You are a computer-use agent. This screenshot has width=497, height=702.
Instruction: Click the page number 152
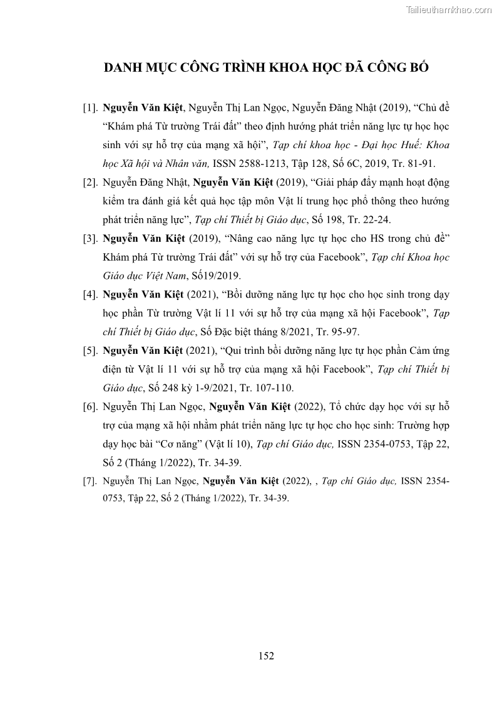coord(266,656)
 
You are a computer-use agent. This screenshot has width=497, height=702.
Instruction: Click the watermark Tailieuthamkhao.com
coord(449,9)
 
